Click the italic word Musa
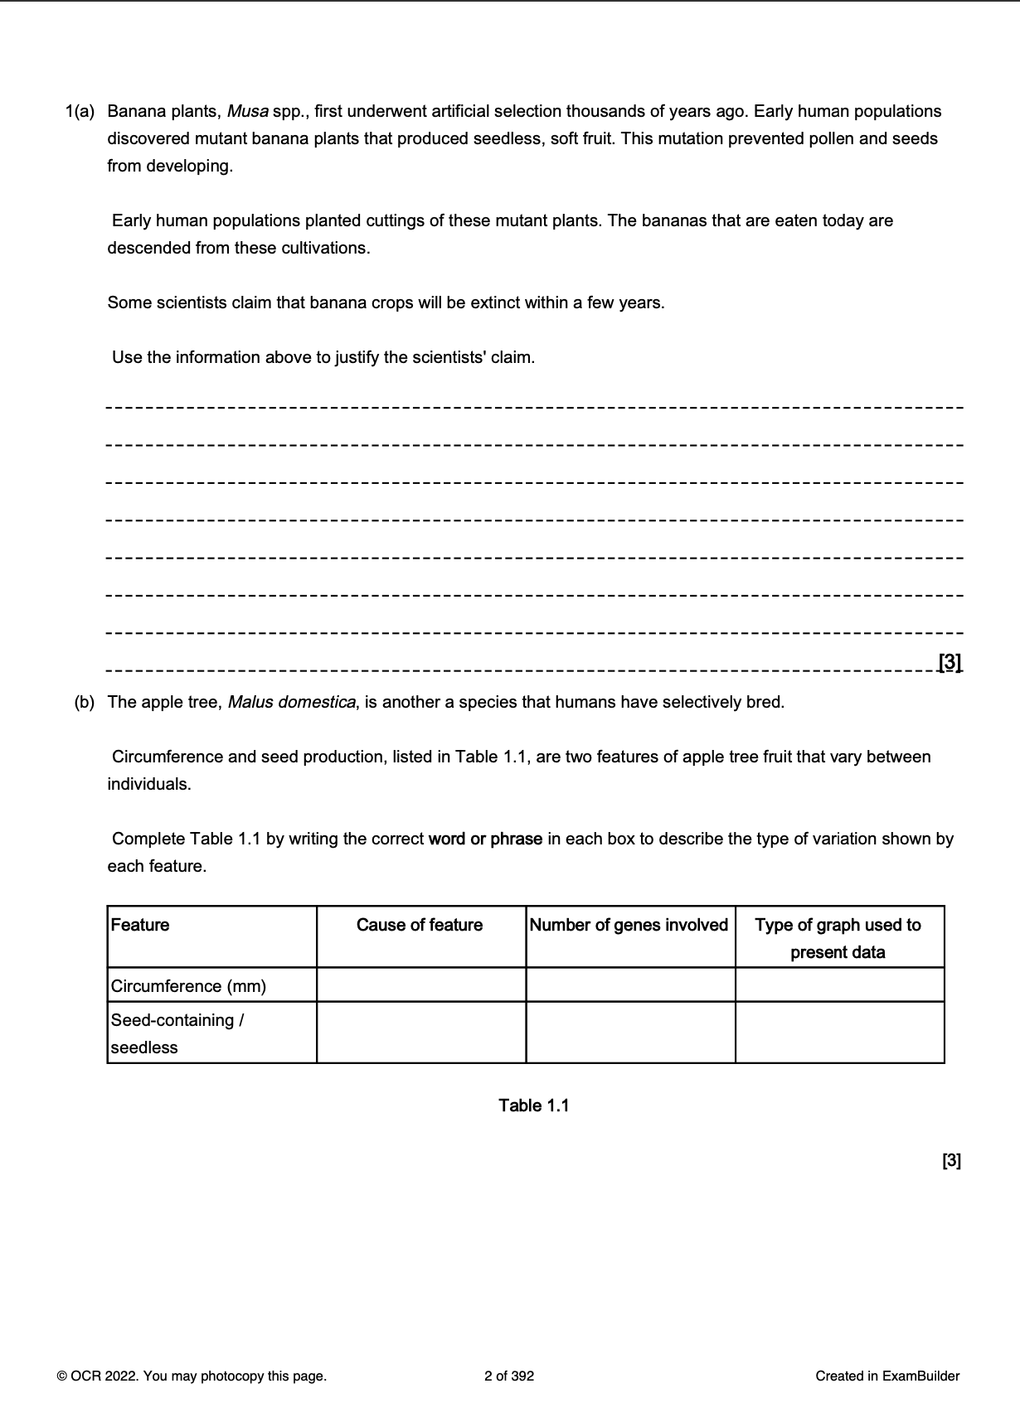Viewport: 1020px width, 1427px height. click(246, 111)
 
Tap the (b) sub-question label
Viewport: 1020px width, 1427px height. click(85, 702)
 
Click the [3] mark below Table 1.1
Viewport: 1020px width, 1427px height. click(951, 1160)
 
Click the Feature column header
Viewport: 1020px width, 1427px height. click(140, 925)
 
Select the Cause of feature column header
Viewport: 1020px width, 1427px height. click(420, 925)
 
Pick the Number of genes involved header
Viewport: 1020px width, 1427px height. click(629, 925)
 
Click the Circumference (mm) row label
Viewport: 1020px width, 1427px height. click(189, 985)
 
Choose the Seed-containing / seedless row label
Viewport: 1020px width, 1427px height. click(177, 1033)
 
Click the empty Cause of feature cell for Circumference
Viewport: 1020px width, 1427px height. click(421, 984)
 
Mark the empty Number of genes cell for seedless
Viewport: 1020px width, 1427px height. click(630, 1033)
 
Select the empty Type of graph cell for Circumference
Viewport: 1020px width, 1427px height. click(839, 984)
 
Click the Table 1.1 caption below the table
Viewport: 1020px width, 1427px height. click(534, 1105)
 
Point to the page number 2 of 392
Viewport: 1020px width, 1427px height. click(509, 1376)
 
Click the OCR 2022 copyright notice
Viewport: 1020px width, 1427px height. click(192, 1376)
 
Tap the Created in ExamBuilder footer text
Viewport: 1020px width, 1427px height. click(887, 1376)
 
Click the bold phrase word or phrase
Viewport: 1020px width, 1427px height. click(485, 839)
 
